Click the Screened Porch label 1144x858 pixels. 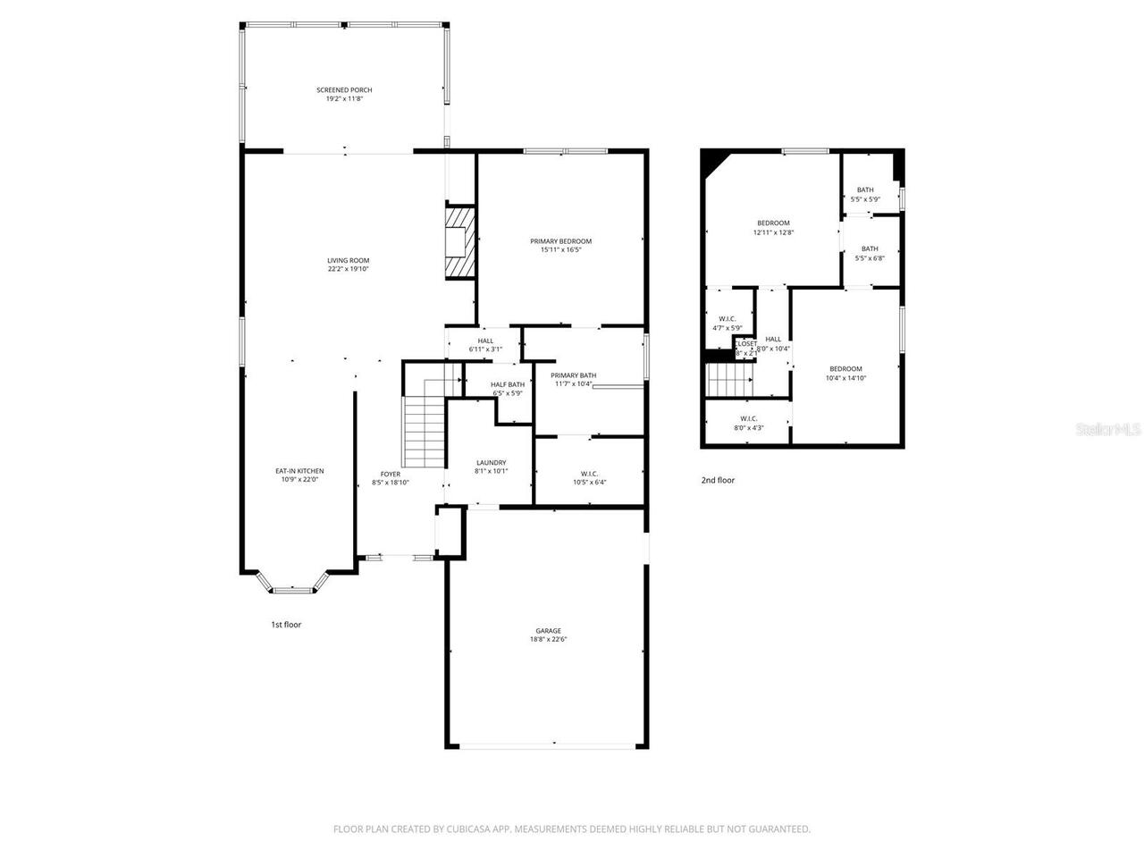344,90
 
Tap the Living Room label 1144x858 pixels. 348,260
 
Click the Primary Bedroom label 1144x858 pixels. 560,241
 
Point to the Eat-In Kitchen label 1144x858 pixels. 299,471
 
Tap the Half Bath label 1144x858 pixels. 508,384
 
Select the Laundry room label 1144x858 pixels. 491,463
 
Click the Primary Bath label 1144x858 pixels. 573,375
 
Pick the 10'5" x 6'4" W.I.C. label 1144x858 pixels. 589,474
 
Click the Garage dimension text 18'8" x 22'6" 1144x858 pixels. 548,639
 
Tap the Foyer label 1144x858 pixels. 391,474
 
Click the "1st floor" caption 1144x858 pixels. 286,625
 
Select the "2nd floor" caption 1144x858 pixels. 718,480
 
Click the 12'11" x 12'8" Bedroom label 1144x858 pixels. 773,223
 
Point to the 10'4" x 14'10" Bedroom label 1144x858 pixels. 845,369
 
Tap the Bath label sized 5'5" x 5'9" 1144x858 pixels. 865,189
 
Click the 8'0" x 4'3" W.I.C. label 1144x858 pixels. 748,418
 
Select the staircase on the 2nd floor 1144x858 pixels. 730,382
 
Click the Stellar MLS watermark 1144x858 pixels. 1108,429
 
